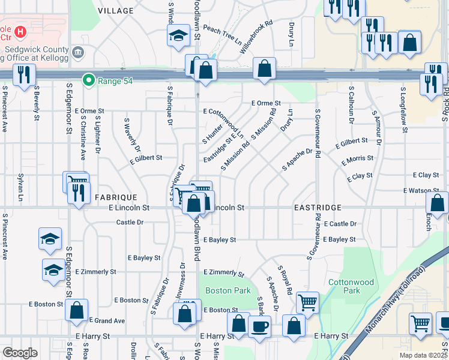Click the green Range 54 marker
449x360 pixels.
(89, 79)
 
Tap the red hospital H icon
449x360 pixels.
(21, 31)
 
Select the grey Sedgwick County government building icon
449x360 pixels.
(78, 53)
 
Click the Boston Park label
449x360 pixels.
(219, 290)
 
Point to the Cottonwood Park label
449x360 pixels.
(343, 286)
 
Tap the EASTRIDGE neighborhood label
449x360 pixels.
(318, 207)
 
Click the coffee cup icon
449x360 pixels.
(260, 328)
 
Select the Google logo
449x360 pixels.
(19, 352)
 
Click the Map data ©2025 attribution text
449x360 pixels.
(423, 355)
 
